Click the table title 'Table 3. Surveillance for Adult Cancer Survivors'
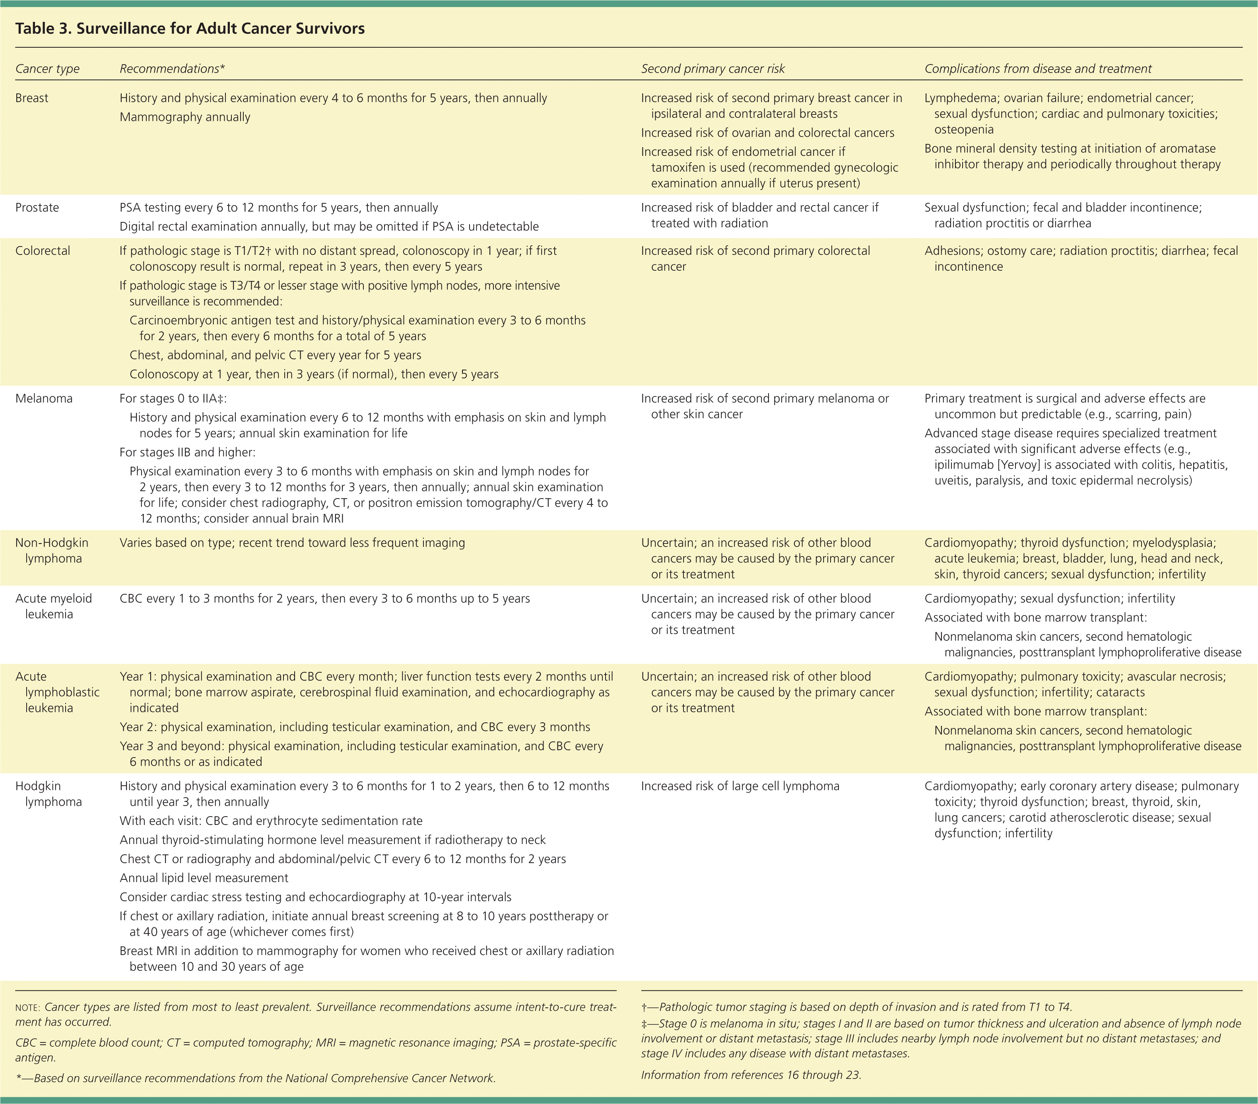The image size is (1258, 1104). (190, 29)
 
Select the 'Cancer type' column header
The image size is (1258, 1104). (47, 69)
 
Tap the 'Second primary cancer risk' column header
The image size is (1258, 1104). (713, 69)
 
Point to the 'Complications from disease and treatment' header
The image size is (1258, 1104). (1038, 69)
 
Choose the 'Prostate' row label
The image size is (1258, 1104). (37, 208)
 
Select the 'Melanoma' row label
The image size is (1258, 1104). (44, 399)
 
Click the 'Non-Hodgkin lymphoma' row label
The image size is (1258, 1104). (52, 551)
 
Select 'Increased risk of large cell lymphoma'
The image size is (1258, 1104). (740, 786)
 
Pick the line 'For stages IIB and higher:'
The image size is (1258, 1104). (187, 453)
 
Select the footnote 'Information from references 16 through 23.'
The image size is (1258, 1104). (751, 1075)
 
